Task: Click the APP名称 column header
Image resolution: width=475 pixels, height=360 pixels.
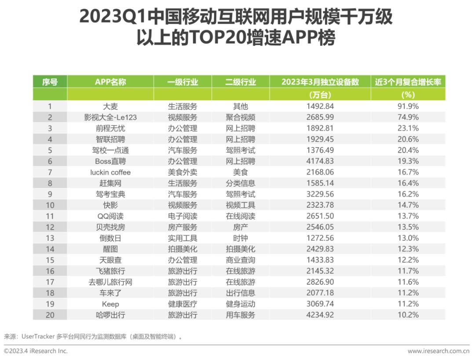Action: [x=110, y=82]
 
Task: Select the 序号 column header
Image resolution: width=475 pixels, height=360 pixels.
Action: [x=50, y=82]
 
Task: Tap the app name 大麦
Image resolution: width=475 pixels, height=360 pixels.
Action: [x=110, y=107]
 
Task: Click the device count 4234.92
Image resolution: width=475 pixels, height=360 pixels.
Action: [x=320, y=315]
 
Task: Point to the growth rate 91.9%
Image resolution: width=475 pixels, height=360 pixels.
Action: [x=408, y=107]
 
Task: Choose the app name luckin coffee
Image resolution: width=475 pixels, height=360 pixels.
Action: [x=110, y=172]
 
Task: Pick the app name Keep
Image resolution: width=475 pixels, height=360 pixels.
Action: [x=110, y=304]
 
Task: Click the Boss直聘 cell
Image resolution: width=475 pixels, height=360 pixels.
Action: [x=110, y=161]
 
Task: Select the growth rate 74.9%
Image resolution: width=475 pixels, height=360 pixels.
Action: [x=408, y=117]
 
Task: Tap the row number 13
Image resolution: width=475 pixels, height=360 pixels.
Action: [x=50, y=238]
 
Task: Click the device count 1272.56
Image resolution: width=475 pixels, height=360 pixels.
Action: [x=320, y=238]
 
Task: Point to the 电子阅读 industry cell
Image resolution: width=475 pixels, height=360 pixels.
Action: [x=183, y=216]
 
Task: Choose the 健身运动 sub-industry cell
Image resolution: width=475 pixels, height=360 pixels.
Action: [x=241, y=304]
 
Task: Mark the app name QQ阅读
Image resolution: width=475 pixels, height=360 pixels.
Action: [x=110, y=216]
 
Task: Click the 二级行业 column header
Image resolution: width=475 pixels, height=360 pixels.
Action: [x=241, y=82]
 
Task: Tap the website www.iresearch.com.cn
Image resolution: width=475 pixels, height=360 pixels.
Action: [x=438, y=351]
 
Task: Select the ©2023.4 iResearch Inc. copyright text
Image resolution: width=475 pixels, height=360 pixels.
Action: [x=36, y=351]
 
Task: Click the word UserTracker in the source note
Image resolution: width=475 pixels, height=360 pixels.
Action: [x=38, y=336]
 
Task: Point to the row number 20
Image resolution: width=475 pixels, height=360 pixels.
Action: [x=50, y=315]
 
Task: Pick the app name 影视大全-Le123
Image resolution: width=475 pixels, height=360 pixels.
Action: [x=110, y=117]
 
